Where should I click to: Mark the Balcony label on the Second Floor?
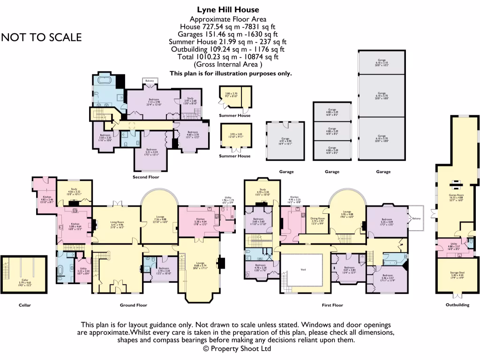pos(150,81)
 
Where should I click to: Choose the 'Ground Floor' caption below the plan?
pos(134,305)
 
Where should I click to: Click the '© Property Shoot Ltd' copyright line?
pos(237,349)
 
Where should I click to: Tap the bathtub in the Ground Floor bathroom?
pos(61,271)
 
